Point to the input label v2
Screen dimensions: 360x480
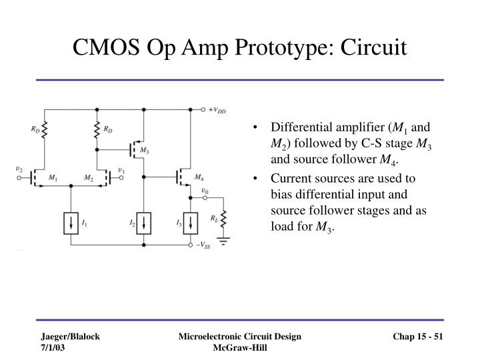19,170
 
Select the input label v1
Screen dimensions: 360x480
121,170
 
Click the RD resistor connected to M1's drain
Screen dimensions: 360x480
45,131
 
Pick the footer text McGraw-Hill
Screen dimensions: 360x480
240,349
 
